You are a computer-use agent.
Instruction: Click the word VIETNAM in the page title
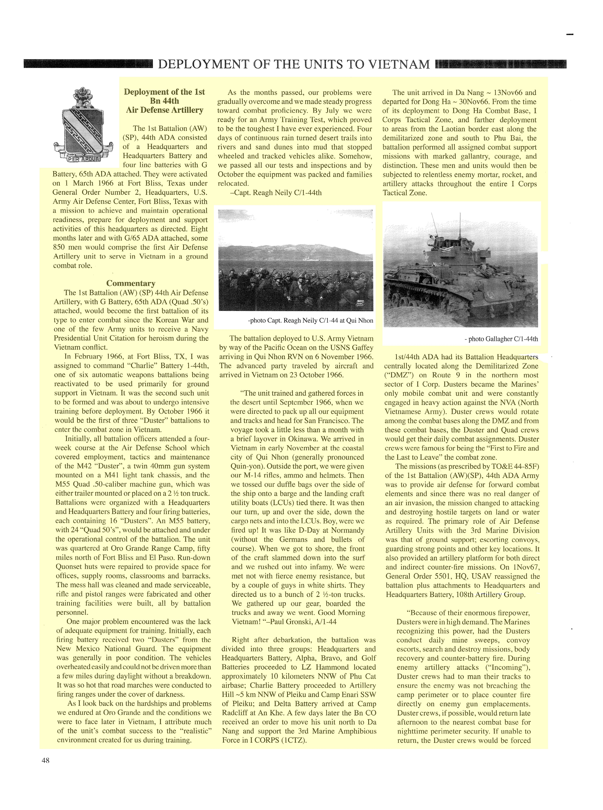tap(399, 65)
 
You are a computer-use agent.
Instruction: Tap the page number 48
tap(46, 761)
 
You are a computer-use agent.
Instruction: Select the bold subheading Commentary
tap(131, 283)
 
